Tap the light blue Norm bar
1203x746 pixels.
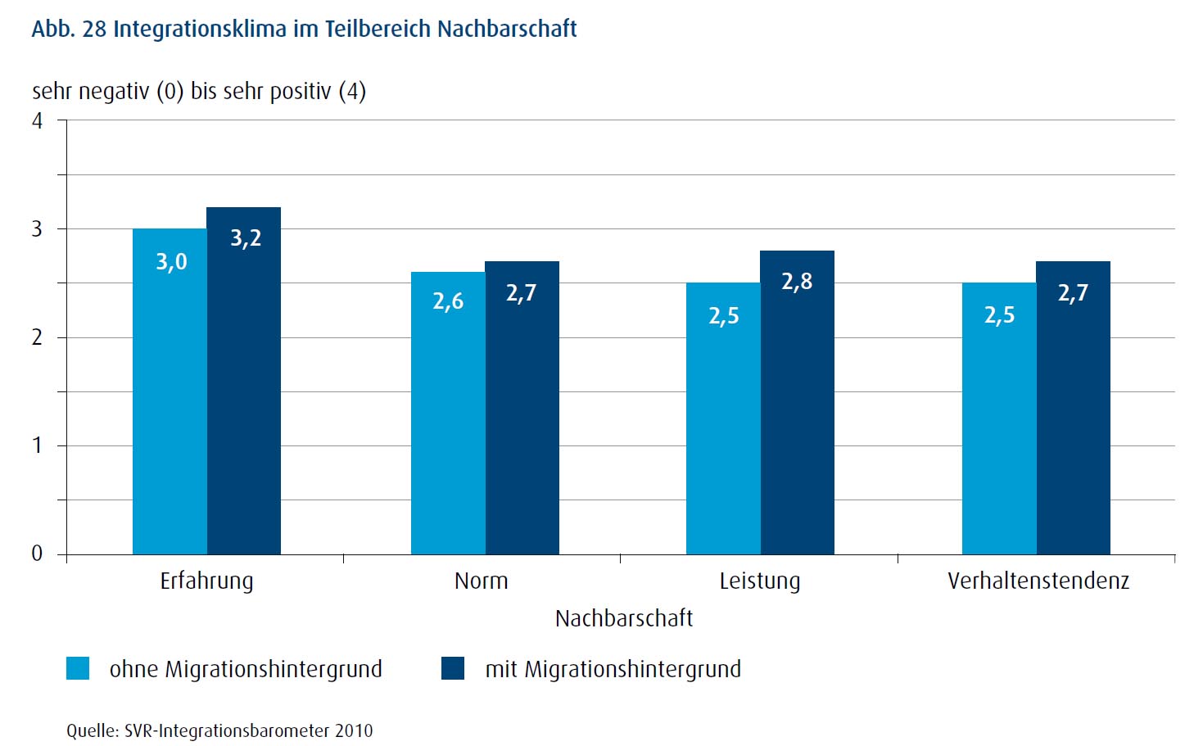[x=448, y=413]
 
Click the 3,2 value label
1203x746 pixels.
[x=246, y=238]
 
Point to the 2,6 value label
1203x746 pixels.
[x=448, y=301]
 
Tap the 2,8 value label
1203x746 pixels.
[x=797, y=282]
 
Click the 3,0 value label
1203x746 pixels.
[x=171, y=262]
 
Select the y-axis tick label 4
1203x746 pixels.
[x=37, y=121]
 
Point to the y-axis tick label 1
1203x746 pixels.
[x=37, y=445]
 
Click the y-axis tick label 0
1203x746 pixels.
[x=37, y=554]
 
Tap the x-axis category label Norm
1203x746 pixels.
[x=482, y=581]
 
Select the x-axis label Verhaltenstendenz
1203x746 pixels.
[x=1038, y=581]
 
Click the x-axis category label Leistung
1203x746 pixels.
[x=760, y=581]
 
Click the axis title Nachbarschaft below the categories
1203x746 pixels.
[x=624, y=618]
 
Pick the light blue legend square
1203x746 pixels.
[x=78, y=668]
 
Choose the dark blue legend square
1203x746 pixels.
[x=453, y=668]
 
